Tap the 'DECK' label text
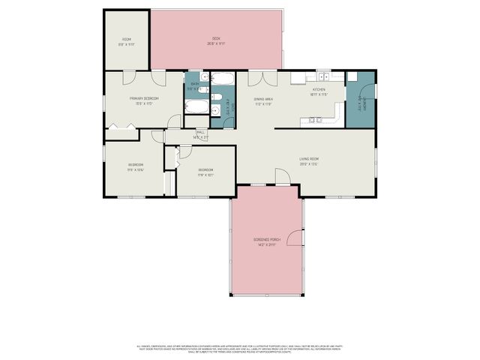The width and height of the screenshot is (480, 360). [216, 38]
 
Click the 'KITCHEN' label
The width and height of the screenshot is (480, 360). [319, 90]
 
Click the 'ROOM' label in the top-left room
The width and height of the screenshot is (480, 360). [127, 39]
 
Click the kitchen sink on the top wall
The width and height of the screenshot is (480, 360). [323, 76]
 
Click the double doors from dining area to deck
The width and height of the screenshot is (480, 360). [262, 78]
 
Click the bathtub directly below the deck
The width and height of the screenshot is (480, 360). [223, 78]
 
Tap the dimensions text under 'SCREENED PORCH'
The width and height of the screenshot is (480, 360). [266, 245]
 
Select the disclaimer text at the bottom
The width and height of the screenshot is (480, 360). [240, 349]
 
